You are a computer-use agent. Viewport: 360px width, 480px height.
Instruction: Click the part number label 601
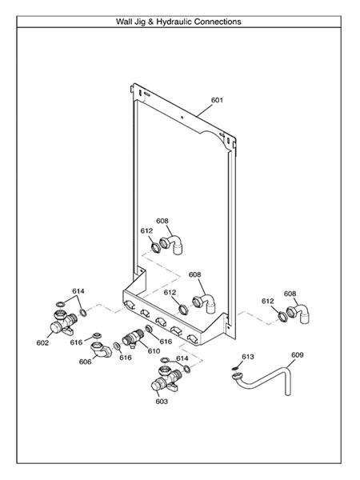217,101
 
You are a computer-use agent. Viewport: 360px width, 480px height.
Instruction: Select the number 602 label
42,342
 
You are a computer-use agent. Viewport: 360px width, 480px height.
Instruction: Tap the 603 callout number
162,401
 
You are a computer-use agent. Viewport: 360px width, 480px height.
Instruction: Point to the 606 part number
85,362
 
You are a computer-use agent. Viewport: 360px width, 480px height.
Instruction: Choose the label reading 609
297,354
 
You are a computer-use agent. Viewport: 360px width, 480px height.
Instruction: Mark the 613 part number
247,356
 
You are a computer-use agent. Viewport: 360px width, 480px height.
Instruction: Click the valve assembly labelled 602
61,321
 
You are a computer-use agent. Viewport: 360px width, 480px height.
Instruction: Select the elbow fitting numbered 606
101,349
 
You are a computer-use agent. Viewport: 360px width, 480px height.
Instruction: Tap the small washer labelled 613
234,369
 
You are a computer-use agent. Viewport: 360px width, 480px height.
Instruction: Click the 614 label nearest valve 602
78,291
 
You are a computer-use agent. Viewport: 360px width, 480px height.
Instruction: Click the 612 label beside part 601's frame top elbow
146,230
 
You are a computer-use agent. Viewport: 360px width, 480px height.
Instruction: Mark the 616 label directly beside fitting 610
166,342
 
